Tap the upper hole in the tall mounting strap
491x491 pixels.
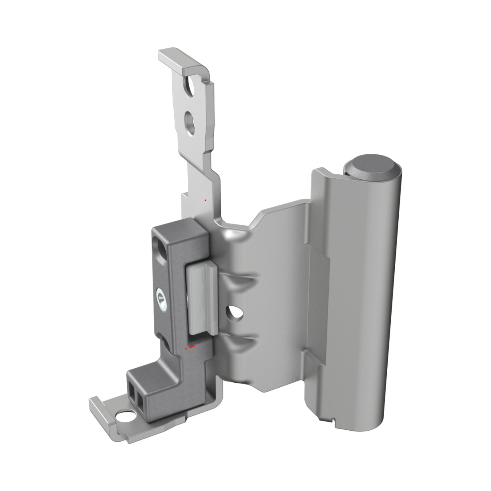190,87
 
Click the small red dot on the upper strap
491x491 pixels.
205,200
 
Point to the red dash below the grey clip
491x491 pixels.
191,347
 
